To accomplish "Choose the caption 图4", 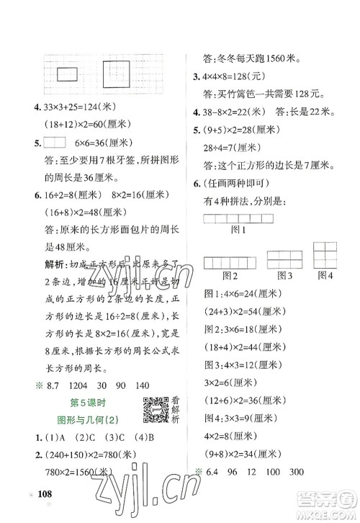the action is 325,274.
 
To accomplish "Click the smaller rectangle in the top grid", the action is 68,72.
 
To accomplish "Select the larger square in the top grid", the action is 117,73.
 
